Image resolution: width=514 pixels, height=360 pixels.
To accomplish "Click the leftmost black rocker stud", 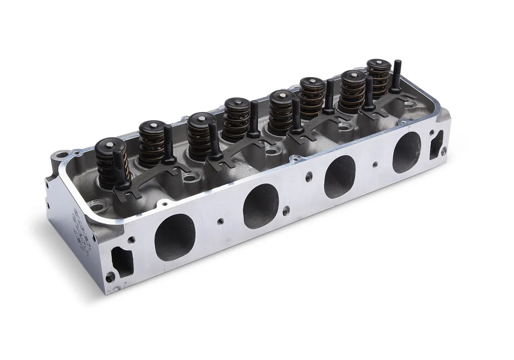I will tap(119, 167).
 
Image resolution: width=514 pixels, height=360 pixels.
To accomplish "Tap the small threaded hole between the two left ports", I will tap(220, 221).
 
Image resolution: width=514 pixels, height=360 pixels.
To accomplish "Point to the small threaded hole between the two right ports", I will tap(375, 163).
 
